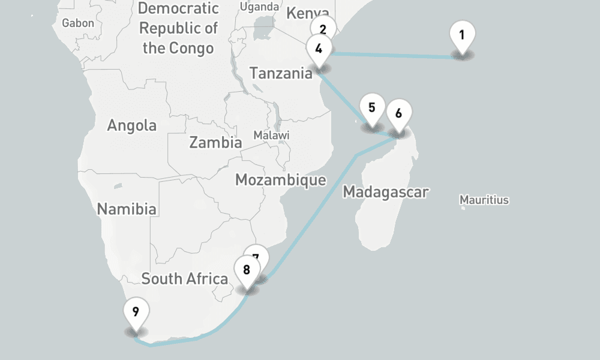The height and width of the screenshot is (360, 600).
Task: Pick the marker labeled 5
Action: [x=372, y=109]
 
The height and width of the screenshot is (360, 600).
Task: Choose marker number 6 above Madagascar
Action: [x=399, y=112]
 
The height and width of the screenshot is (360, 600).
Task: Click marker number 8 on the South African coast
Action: [x=247, y=270]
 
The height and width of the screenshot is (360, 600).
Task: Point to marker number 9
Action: [x=136, y=313]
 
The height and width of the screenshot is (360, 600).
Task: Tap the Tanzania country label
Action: [x=281, y=73]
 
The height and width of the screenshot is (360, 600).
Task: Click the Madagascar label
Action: [x=385, y=193]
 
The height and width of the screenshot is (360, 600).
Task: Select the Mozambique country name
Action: [x=280, y=179]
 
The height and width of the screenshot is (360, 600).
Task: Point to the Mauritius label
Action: [x=484, y=200]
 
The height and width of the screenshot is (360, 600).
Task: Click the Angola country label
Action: [x=131, y=125]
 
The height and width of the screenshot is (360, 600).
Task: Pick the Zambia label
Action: [x=215, y=143]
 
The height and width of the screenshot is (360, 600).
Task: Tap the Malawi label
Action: [x=271, y=135]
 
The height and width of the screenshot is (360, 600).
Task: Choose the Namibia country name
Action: [x=127, y=209]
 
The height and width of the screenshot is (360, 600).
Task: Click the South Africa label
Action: [x=184, y=279]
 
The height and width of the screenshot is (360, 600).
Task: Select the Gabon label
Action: [x=78, y=23]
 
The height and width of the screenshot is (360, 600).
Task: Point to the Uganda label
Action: [x=259, y=7]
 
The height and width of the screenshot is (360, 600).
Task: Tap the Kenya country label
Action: [x=307, y=13]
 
